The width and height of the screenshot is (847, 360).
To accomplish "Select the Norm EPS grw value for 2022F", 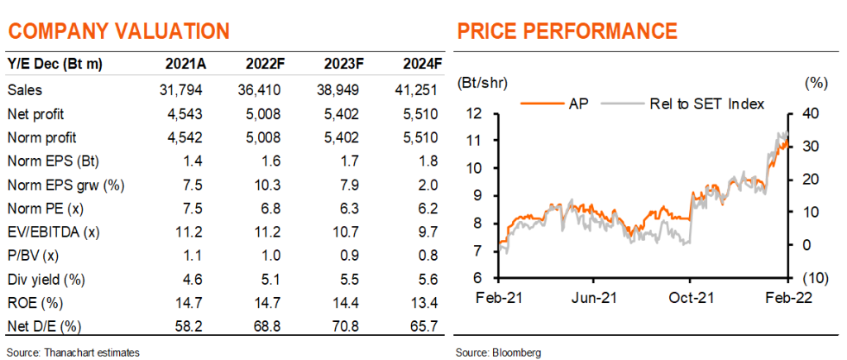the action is pos(267,185).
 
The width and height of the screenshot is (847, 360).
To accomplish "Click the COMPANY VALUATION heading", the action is pos(119,31).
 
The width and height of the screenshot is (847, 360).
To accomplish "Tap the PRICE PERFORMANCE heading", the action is pos(567,31).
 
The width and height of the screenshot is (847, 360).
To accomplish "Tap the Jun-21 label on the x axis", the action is pos(594,298).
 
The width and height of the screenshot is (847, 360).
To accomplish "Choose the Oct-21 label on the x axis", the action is pos(690,298).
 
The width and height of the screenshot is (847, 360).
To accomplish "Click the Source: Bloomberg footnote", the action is pos(498,353).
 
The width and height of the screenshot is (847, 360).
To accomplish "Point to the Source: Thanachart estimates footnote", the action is pos(74,353).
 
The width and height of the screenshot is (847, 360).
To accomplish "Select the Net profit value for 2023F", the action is pos(341,114).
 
